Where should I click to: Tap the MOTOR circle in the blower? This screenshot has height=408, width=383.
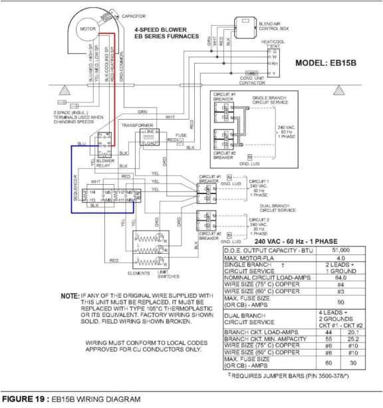(88, 30)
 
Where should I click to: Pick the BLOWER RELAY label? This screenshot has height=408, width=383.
(106, 162)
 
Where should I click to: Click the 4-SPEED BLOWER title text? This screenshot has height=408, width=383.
(160, 30)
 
